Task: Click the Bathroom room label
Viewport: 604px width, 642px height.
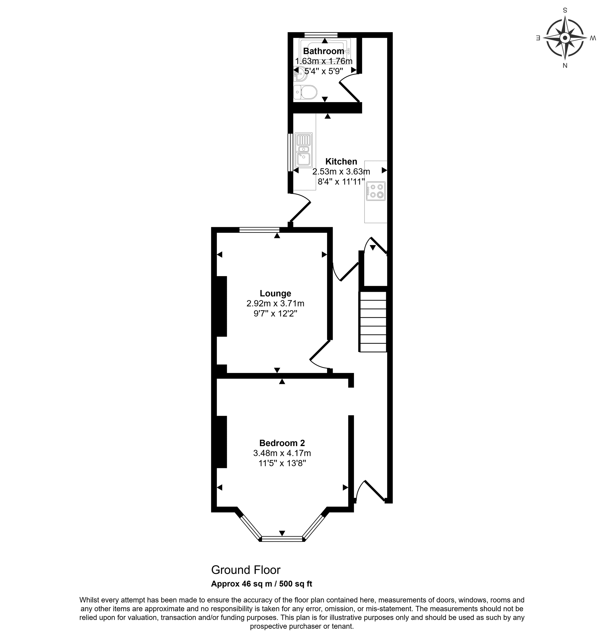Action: click(324, 51)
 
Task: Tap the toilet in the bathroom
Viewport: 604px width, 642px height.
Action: click(305, 92)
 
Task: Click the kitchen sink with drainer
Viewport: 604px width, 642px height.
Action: click(303, 150)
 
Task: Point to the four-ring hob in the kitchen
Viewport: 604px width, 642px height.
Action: click(376, 191)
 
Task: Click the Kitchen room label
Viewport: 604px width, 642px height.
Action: click(341, 161)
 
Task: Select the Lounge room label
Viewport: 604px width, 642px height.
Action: click(275, 293)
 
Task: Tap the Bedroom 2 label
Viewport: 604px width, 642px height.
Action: click(282, 443)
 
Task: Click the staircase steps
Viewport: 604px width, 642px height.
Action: click(373, 322)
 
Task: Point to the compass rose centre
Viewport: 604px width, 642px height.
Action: click(564, 38)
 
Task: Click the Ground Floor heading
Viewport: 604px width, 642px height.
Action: click(246, 570)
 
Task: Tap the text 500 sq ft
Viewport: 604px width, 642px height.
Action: click(296, 584)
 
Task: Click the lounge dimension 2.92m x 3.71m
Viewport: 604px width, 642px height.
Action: click(275, 304)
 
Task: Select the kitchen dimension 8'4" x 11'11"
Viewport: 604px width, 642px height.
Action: click(341, 181)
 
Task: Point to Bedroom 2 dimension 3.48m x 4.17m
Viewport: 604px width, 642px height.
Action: click(282, 453)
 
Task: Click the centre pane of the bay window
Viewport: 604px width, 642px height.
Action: click(282, 538)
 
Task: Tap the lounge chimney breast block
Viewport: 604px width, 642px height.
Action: click(221, 307)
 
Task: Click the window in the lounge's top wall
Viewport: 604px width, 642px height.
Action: click(259, 230)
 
